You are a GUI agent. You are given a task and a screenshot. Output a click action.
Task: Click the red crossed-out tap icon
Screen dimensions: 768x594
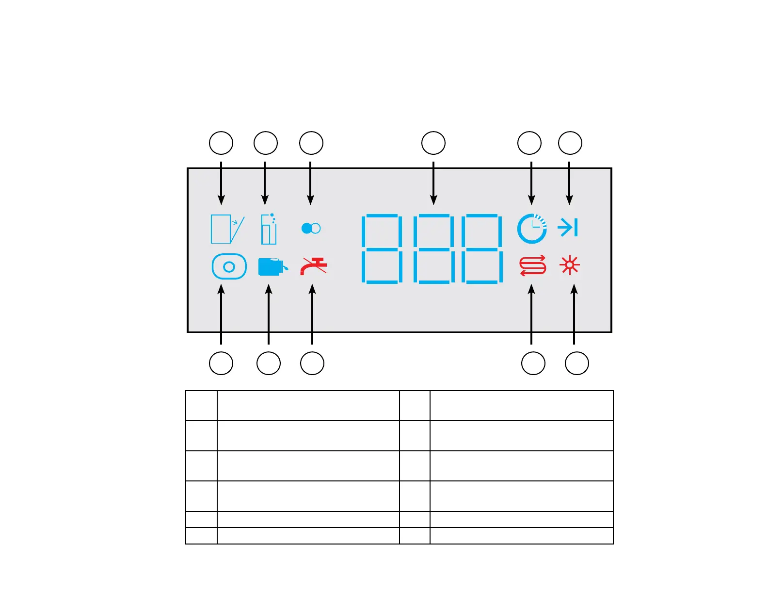click(x=313, y=266)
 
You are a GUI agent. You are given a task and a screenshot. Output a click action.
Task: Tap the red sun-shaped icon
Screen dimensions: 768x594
click(x=569, y=265)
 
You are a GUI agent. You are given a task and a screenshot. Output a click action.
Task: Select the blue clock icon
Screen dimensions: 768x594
click(x=532, y=228)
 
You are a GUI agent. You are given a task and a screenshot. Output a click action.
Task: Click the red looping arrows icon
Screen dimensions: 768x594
click(x=532, y=265)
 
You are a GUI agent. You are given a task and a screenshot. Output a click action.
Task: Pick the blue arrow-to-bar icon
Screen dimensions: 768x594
click(x=567, y=227)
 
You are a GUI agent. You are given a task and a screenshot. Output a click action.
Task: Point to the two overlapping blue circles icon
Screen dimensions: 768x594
click(x=311, y=228)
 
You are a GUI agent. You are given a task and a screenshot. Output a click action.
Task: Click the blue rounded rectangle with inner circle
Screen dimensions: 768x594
click(x=229, y=266)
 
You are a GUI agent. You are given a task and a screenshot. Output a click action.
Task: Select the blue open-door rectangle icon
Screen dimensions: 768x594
click(x=227, y=229)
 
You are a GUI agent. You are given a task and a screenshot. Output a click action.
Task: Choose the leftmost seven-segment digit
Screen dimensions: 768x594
click(x=382, y=248)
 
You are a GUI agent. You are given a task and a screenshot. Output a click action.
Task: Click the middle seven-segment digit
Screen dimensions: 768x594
click(x=433, y=248)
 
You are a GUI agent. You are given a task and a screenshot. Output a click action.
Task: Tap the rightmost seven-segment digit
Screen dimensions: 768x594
click(x=482, y=248)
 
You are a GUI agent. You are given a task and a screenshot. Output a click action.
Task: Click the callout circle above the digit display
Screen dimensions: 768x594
click(x=433, y=143)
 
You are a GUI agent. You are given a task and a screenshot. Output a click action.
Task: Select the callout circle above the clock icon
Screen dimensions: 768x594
click(x=529, y=143)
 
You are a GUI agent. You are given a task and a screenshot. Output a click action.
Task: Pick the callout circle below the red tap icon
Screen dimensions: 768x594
click(x=312, y=363)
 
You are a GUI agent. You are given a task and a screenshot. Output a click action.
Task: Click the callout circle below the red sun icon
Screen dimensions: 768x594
click(x=577, y=363)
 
